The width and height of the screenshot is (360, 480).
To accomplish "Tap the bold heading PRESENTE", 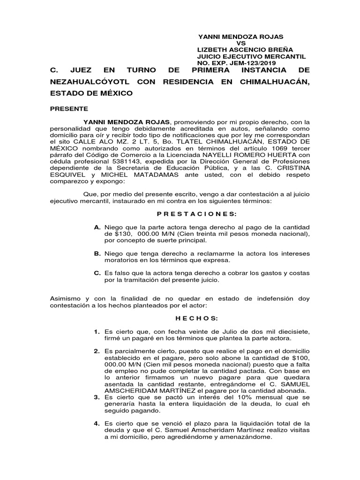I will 69,108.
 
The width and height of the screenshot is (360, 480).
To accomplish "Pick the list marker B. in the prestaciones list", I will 97,254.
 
